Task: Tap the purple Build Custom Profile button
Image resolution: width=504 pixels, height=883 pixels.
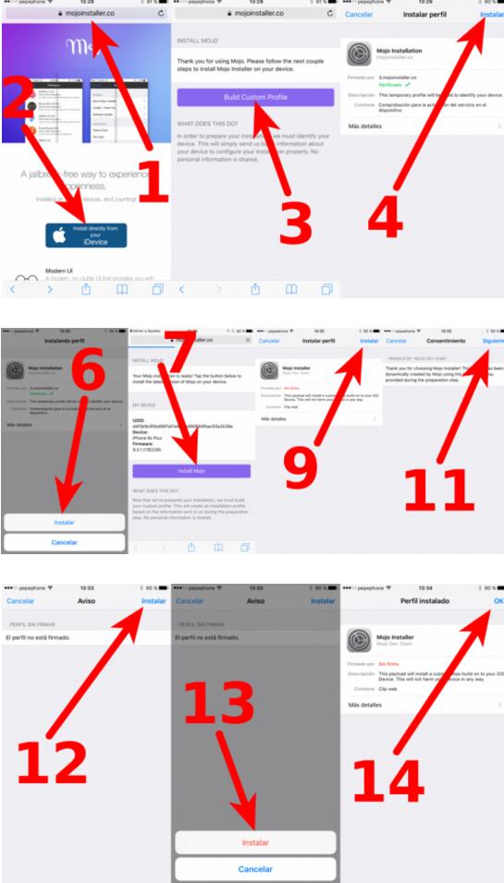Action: pyautogui.click(x=256, y=97)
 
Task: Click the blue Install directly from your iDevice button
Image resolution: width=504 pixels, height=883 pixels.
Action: pyautogui.click(x=86, y=235)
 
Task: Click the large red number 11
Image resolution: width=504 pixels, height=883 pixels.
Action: pyautogui.click(x=439, y=490)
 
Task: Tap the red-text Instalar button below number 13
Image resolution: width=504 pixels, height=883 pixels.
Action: pyautogui.click(x=255, y=843)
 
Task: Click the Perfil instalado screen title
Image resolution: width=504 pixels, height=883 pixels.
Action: pyautogui.click(x=423, y=600)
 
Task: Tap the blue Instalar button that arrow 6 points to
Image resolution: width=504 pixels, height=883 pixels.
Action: pyautogui.click(x=64, y=522)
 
